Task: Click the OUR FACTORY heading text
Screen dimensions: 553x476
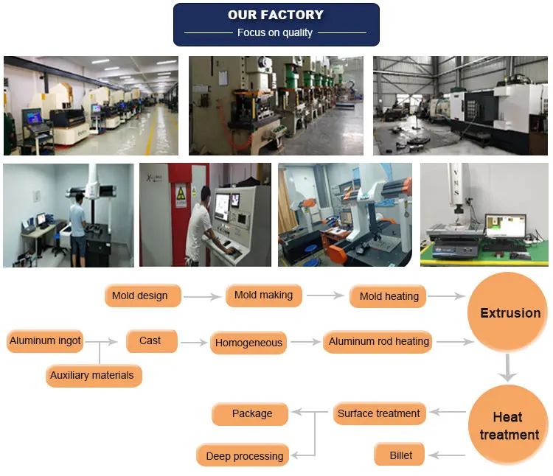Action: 276,15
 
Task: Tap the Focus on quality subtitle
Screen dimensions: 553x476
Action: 275,33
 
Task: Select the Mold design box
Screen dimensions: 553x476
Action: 140,296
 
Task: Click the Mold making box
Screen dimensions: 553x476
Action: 263,295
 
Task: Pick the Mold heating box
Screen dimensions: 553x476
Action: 389,297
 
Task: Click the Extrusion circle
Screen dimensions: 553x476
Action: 510,313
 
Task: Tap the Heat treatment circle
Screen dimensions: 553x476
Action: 509,427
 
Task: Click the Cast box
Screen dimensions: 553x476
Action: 150,341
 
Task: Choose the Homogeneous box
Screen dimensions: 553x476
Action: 248,343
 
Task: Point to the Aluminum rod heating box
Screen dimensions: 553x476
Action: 379,342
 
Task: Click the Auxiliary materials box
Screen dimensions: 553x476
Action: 92,376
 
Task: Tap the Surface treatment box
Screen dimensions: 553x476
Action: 379,414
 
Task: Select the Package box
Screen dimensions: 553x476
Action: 252,414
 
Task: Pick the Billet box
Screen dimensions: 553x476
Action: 401,455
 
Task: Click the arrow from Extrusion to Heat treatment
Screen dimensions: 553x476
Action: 507,368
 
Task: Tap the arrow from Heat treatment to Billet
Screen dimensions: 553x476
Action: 447,456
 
